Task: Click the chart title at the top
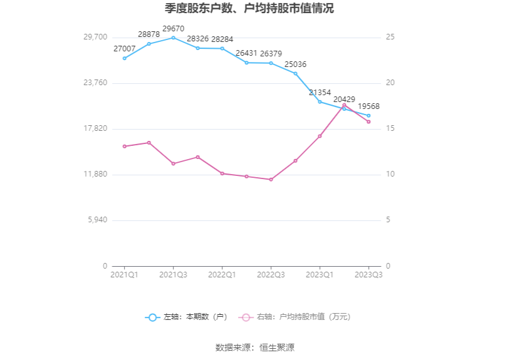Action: coord(254,9)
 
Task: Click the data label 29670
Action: coord(174,29)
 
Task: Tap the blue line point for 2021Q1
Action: coord(125,58)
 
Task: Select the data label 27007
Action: coord(125,49)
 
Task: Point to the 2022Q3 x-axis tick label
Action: coord(271,275)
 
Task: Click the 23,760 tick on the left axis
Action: coord(95,83)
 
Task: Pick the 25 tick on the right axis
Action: coord(390,37)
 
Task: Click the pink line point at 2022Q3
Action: coord(271,180)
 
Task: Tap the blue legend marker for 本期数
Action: coord(152,317)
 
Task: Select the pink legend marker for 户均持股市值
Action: coord(246,317)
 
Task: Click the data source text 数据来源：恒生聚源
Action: coord(255,347)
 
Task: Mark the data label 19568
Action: coord(368,106)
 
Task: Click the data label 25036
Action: coord(295,64)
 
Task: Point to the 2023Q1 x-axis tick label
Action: coord(320,275)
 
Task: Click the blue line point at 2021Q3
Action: coord(174,38)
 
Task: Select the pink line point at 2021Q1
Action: coord(125,147)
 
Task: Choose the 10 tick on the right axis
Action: coord(390,174)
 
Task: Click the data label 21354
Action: coord(320,93)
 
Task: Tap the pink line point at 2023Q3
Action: coord(368,121)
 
